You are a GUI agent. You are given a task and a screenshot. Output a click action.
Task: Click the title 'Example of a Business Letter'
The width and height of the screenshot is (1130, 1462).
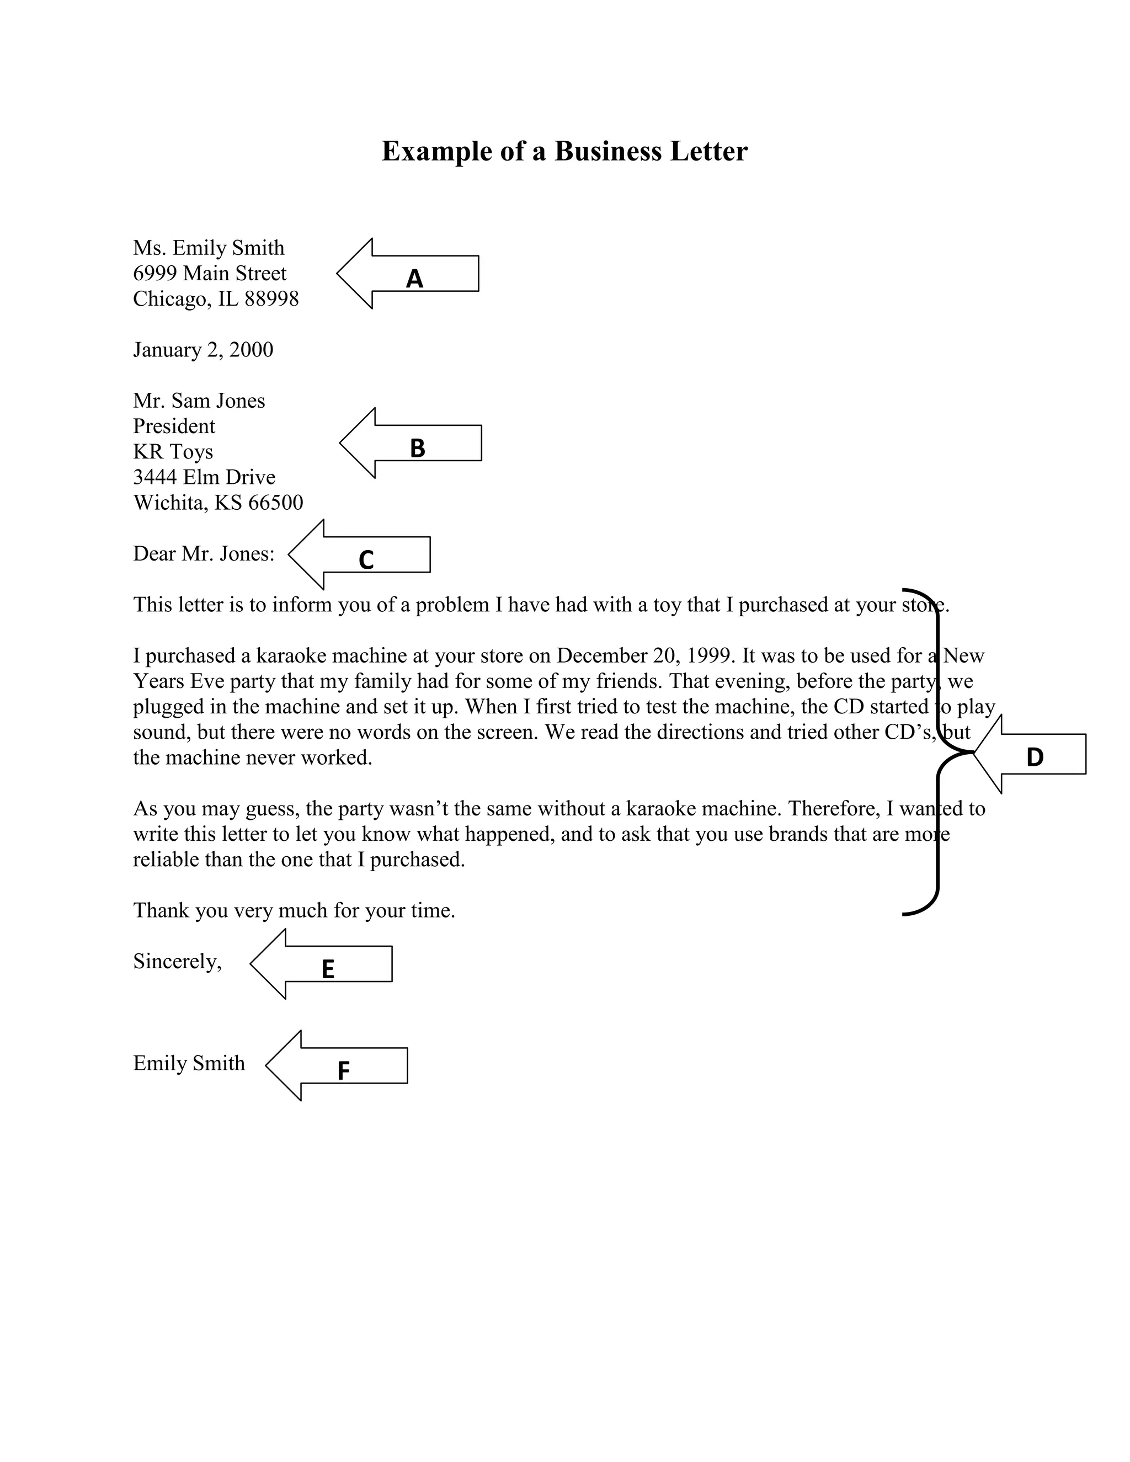pos(564,151)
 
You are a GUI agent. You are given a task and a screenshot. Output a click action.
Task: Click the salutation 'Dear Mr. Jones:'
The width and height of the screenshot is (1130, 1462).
pos(204,553)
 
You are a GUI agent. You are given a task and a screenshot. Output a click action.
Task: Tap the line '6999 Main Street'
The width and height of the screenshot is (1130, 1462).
pos(210,274)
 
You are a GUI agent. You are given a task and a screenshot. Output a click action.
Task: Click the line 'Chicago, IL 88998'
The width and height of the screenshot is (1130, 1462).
pos(216,299)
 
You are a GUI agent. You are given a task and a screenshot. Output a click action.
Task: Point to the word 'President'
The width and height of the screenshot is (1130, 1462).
pos(174,426)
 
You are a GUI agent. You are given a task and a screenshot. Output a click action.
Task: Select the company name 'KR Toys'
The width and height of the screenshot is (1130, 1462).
pos(173,452)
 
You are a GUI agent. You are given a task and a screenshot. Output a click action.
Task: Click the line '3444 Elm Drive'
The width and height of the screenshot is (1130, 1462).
pos(204,477)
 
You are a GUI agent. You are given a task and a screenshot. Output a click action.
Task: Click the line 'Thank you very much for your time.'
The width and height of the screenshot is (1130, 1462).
pos(294,911)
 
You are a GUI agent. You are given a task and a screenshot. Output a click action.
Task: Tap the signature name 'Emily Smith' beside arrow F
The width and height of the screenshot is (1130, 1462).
pos(189,1064)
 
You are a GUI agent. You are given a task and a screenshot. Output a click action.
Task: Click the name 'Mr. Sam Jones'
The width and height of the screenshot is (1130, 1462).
pos(199,401)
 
